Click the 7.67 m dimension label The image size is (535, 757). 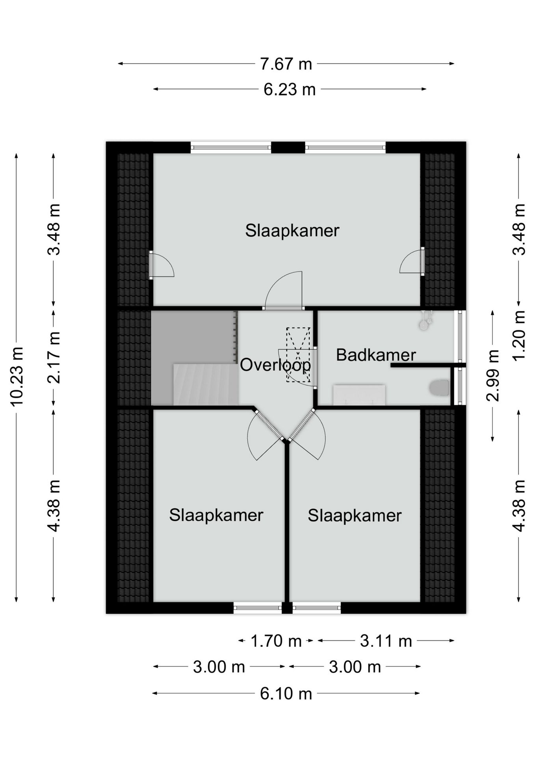286,63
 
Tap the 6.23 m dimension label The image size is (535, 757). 290,89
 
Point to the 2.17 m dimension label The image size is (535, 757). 54,357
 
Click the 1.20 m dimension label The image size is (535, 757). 519,335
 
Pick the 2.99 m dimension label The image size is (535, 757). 493,375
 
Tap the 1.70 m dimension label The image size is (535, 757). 276,641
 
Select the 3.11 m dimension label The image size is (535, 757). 386,641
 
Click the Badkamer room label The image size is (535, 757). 376,355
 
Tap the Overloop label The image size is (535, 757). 275,365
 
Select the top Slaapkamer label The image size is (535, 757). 292,231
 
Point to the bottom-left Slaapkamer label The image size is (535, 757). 216,515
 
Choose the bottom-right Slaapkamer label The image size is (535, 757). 355,516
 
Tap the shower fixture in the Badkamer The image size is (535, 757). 425,320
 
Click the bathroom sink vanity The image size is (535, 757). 359,395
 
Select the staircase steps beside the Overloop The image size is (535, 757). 206,384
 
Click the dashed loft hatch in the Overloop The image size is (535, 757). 298,355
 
